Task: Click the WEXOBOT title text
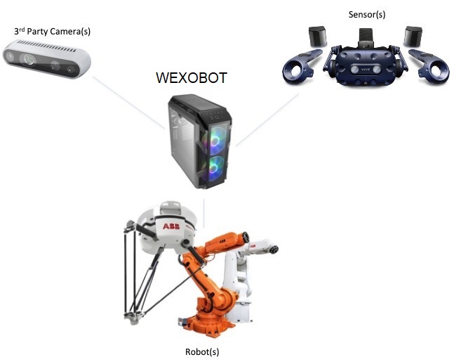click(x=191, y=77)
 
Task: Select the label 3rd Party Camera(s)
click(x=53, y=32)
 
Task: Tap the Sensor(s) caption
click(x=367, y=14)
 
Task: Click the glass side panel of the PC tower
click(x=185, y=144)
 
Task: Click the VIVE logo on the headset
click(x=367, y=69)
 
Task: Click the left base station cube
click(x=317, y=36)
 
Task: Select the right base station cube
click(x=412, y=36)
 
